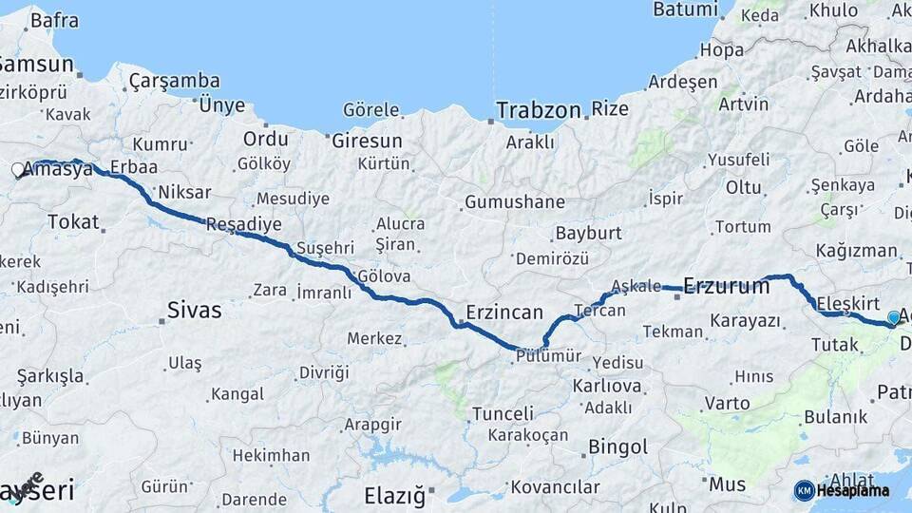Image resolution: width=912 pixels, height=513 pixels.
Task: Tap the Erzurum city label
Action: pos(727,285)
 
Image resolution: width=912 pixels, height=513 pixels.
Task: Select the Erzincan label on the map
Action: pos(504,313)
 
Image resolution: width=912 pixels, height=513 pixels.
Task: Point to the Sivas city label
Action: pos(194,310)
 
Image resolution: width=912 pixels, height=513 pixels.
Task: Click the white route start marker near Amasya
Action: pos(18,171)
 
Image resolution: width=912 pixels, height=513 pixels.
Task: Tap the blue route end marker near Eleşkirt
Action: pos(894,318)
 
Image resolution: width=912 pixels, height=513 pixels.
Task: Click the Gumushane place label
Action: pos(514,202)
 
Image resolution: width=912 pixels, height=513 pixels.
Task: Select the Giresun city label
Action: pos(368,141)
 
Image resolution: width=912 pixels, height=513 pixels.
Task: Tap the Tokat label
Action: pos(73,222)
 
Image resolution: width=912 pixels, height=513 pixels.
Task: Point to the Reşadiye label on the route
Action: pos(244,225)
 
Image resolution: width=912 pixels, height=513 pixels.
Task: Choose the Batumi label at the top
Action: pos(685,9)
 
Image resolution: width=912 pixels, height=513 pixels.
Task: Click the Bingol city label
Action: pos(618,446)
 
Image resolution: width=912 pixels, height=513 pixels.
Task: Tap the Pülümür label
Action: pos(548,356)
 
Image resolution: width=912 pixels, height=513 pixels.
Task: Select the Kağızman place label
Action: pos(856,251)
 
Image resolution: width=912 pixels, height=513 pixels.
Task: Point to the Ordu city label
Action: pos(265,139)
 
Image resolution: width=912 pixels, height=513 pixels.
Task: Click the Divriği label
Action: pos(324,372)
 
